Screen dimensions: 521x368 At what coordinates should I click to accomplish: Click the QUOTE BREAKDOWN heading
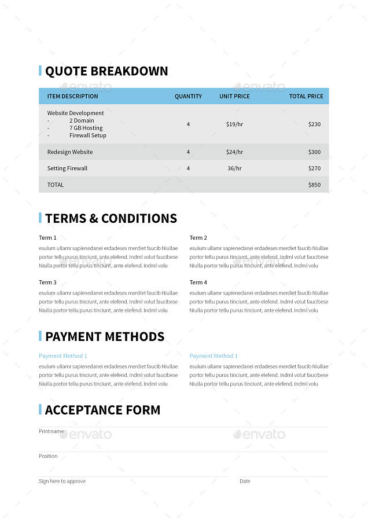pos(106,71)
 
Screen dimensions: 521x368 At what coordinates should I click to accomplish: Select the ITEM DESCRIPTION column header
pos(73,96)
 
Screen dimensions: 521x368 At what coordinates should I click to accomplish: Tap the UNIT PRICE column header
pos(234,96)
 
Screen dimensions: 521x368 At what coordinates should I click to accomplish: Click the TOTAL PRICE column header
pos(306,96)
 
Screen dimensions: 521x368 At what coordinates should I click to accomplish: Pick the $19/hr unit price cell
pos(234,124)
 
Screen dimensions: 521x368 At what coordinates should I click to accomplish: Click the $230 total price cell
pos(314,124)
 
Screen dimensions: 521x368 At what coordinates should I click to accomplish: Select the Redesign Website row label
pos(70,152)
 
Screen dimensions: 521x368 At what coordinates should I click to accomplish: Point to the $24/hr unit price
pos(234,152)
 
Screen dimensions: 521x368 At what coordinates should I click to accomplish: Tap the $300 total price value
pos(314,152)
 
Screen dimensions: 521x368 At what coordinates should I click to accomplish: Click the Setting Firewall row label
pos(68,168)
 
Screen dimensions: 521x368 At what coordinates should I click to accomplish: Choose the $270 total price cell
pos(314,168)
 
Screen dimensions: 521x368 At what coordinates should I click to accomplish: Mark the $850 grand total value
pos(314,185)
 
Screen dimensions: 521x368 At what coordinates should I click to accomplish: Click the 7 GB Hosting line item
pos(86,128)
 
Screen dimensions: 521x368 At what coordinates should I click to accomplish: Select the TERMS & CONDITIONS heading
pos(111,219)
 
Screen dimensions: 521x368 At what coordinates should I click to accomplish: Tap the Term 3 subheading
pos(47,282)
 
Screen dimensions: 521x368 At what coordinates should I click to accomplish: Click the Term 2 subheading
pos(198,238)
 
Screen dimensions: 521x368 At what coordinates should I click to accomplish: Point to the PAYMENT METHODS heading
pos(105,337)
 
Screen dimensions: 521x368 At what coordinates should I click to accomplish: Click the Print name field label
pos(51,431)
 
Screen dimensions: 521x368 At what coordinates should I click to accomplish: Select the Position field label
pos(48,456)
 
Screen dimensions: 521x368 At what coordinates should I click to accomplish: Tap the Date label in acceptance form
pos(245,481)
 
